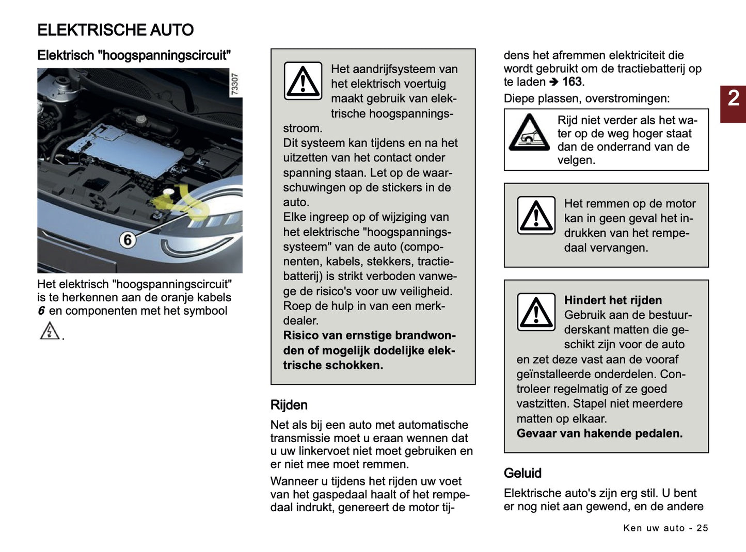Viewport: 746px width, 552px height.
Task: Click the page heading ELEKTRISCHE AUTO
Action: (x=115, y=30)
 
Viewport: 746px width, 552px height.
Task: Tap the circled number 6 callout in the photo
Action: (x=127, y=240)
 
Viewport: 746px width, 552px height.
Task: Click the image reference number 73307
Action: (x=234, y=84)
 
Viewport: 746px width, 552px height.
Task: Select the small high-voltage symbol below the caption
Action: (x=50, y=331)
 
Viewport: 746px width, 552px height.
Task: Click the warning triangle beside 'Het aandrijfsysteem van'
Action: (x=303, y=81)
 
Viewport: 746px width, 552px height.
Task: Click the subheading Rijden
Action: (x=289, y=405)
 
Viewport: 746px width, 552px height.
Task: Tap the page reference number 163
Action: (x=572, y=82)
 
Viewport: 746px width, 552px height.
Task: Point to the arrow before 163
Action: (x=553, y=82)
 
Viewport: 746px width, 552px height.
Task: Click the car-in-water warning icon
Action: (x=529, y=133)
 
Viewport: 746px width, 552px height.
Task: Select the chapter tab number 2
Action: (x=733, y=99)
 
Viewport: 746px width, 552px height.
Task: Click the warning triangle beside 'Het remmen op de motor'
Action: (x=536, y=215)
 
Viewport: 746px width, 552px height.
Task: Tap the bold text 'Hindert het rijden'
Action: (x=612, y=300)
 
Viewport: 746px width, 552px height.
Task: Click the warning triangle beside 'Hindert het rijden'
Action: (x=536, y=312)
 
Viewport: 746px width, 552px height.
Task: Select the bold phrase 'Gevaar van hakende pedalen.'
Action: (x=599, y=433)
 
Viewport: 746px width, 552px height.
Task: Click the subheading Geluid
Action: (x=522, y=473)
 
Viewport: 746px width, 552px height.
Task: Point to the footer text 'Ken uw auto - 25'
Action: (x=665, y=528)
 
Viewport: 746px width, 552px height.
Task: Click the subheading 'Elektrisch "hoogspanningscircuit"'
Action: (x=134, y=55)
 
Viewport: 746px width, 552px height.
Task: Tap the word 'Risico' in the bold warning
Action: (x=300, y=335)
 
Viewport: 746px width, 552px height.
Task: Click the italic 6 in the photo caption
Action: (x=41, y=311)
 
